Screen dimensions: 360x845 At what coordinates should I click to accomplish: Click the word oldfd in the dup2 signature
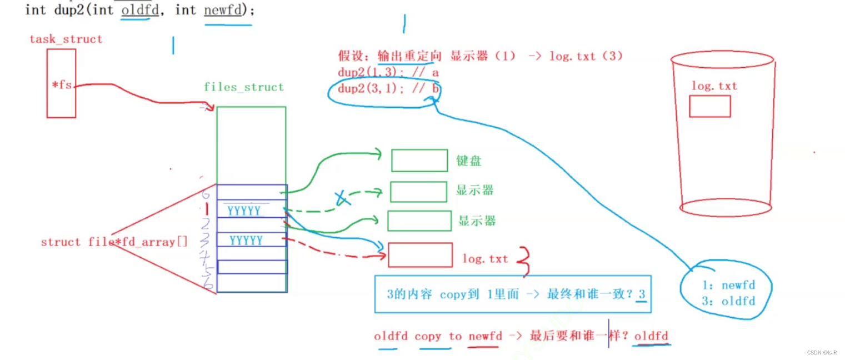click(136, 10)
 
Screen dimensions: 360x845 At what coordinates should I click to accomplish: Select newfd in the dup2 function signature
click(222, 10)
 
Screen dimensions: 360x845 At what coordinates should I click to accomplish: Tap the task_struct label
click(66, 39)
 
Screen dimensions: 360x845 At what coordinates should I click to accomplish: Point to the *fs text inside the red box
click(61, 85)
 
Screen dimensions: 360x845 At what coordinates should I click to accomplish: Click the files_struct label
click(243, 87)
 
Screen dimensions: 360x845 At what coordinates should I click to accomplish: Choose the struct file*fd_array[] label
click(114, 242)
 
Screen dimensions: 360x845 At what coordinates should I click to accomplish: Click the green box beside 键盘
click(419, 160)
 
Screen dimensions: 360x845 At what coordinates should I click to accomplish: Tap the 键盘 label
click(468, 161)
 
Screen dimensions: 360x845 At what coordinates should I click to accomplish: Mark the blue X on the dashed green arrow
click(342, 198)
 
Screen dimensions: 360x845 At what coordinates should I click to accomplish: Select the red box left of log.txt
click(420, 255)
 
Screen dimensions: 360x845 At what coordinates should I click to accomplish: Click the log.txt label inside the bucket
click(714, 86)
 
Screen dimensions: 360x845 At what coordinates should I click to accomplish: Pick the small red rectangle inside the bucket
click(709, 106)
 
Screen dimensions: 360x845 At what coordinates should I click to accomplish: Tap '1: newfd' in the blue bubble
click(728, 285)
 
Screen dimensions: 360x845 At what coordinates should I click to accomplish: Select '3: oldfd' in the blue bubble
click(728, 301)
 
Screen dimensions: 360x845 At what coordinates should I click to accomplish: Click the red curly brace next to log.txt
click(523, 261)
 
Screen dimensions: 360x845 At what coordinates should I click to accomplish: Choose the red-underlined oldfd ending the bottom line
click(651, 336)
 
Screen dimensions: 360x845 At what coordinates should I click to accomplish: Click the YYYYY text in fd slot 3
click(246, 240)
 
